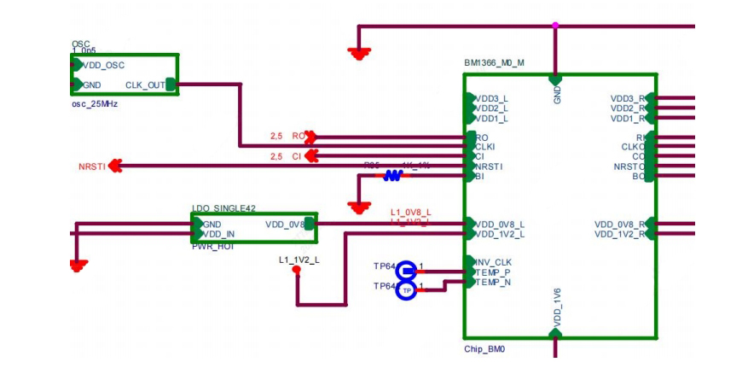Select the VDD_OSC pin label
(x=106, y=64)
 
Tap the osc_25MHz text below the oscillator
(x=94, y=103)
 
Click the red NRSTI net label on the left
(x=92, y=166)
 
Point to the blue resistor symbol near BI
(x=392, y=176)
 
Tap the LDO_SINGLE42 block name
(x=223, y=208)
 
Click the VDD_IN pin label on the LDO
(x=218, y=234)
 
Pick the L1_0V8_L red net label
(x=410, y=213)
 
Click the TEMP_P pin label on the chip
(x=494, y=272)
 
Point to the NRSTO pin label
(x=629, y=166)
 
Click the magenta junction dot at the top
(x=556, y=26)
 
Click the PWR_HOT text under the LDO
(x=212, y=245)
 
